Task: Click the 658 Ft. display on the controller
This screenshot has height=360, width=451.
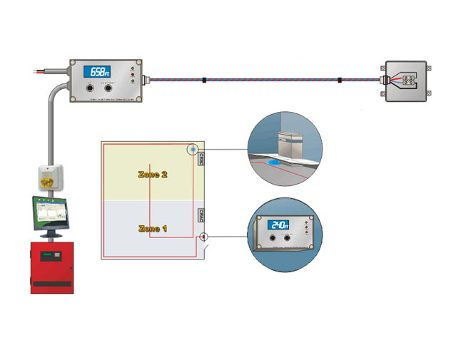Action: click(x=98, y=71)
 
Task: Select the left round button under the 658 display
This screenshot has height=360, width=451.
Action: click(x=90, y=88)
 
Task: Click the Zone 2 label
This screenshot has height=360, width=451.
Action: click(x=153, y=174)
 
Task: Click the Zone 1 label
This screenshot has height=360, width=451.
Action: click(x=153, y=229)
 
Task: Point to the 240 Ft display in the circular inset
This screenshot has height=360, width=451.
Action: click(x=278, y=225)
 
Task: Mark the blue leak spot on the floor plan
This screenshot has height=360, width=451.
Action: click(x=193, y=150)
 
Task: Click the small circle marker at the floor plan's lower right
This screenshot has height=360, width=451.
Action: click(x=203, y=236)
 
